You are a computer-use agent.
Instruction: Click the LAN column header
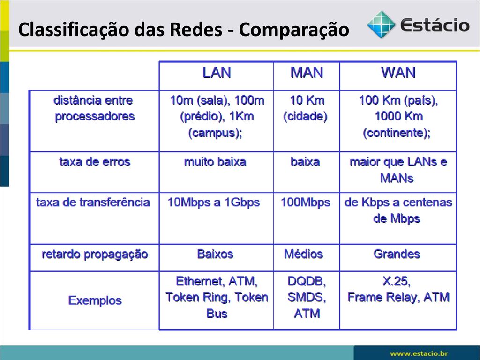click(x=217, y=73)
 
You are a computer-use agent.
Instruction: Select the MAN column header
click(x=307, y=73)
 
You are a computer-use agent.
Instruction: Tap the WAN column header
click(x=398, y=73)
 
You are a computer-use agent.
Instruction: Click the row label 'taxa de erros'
click(x=95, y=162)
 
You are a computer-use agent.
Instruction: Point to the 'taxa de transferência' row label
click(x=93, y=202)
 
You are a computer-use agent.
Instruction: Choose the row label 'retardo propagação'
click(x=95, y=255)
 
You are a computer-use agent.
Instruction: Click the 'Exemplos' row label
click(x=95, y=300)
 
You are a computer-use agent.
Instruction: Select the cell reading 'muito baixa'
click(x=215, y=162)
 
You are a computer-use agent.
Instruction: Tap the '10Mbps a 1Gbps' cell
click(x=214, y=202)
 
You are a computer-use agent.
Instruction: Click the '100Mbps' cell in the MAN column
click(x=306, y=202)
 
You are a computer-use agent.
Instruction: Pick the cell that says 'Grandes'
click(x=397, y=254)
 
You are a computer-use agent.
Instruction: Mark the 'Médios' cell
click(x=303, y=254)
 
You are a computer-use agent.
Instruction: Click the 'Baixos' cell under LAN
click(x=215, y=254)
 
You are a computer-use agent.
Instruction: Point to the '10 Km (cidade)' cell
click(x=306, y=108)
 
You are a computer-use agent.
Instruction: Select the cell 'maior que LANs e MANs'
click(x=398, y=170)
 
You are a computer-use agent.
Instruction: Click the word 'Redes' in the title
click(x=196, y=30)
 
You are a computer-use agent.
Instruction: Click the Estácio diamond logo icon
click(x=381, y=25)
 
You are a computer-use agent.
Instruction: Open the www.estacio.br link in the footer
click(x=419, y=354)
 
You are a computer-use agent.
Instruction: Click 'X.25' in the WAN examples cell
click(x=397, y=281)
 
